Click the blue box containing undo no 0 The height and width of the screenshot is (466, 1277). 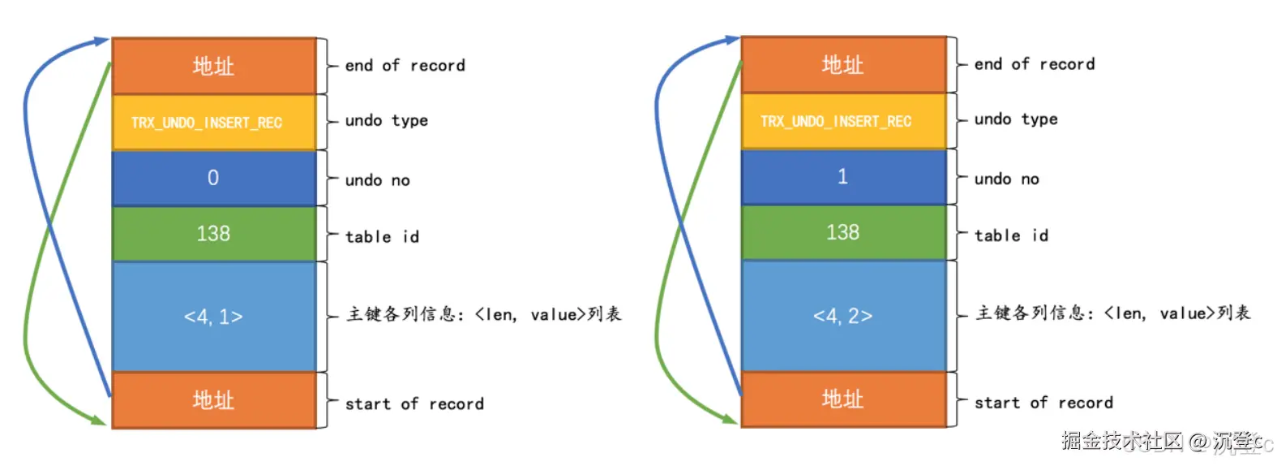tap(213, 178)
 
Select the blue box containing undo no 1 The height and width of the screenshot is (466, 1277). tap(843, 176)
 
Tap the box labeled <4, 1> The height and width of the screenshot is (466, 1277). tap(213, 317)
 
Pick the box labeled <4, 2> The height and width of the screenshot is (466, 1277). tap(843, 315)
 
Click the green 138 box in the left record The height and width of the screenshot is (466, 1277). tap(213, 234)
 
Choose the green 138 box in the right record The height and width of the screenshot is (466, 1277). tap(843, 232)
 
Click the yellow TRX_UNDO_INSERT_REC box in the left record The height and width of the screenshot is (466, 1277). tap(213, 123)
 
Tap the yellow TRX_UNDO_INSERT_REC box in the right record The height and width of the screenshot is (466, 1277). tap(843, 121)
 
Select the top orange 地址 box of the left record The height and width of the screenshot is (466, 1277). tap(213, 66)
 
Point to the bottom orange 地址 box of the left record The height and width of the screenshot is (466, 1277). tap(213, 399)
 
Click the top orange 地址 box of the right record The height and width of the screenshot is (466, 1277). tap(843, 64)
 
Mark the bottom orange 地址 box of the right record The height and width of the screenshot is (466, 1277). tap(843, 399)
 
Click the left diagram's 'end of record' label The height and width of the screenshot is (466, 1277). tap(405, 66)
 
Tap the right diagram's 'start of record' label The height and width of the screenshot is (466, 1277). tap(1043, 403)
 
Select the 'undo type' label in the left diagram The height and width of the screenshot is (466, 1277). tap(386, 121)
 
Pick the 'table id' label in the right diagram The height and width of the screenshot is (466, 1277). tap(1011, 235)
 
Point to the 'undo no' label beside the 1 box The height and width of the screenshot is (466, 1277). tap(1006, 179)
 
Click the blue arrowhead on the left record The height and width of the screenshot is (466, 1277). tap(101, 41)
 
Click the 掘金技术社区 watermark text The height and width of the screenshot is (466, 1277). tap(1122, 441)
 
